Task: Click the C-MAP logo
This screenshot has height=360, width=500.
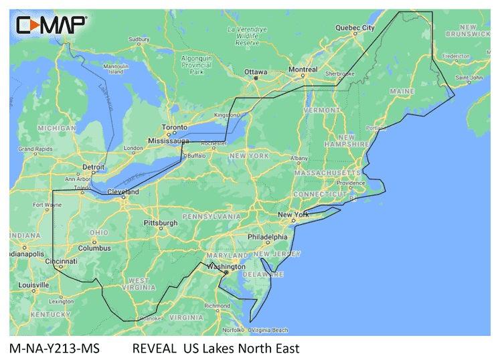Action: [51, 25]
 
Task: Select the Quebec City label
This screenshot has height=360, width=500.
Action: [354, 28]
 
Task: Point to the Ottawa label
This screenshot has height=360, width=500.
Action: [255, 71]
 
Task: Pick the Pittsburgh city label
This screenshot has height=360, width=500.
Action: [161, 222]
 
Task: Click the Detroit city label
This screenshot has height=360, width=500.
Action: [92, 165]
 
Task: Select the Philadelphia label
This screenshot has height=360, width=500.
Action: [266, 238]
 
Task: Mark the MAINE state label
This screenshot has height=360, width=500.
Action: [401, 90]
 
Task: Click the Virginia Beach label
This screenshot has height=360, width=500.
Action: [269, 330]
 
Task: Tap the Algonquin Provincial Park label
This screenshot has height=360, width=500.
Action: [196, 65]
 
